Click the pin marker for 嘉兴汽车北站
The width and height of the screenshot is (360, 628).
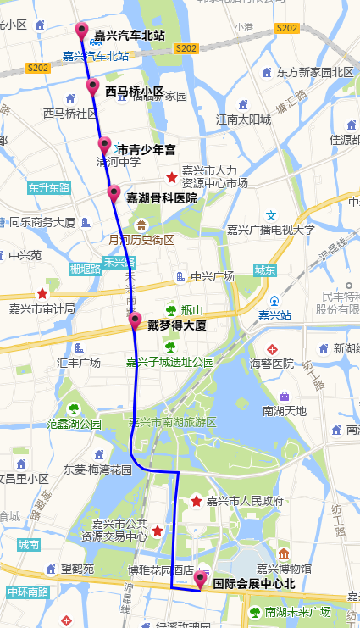[x=82, y=31]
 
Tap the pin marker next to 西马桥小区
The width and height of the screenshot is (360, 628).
[x=92, y=86]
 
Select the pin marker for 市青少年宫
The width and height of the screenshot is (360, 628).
[x=104, y=144]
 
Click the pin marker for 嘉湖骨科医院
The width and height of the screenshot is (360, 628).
[x=114, y=192]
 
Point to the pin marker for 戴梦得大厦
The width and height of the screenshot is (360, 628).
[x=135, y=320]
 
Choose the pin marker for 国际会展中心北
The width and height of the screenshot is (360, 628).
[x=200, y=579]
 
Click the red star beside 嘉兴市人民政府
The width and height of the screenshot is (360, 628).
[x=197, y=501]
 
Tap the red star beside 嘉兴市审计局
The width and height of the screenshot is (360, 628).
[x=42, y=292]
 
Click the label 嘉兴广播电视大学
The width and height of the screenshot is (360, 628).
[x=270, y=230]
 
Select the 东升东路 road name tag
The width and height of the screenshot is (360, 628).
[x=48, y=187]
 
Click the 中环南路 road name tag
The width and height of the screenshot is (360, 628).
[x=28, y=592]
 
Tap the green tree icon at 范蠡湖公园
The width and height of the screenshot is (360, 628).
[x=74, y=408]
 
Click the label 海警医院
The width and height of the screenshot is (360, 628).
[x=272, y=364]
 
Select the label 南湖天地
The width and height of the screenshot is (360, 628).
[x=285, y=411]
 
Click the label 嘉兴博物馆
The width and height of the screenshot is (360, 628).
[x=284, y=569]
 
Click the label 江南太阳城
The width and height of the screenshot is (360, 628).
[x=243, y=119]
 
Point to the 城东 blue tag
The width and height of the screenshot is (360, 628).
[x=264, y=270]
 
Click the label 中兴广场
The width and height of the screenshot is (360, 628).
[x=212, y=276]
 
